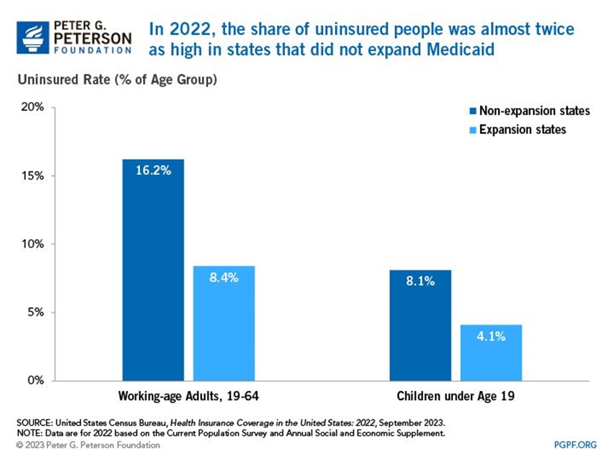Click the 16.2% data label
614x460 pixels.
153,170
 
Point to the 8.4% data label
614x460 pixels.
224,277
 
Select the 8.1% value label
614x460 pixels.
420,282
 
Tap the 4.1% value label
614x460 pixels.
491,336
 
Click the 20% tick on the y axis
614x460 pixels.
33,107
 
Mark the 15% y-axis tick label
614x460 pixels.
33,176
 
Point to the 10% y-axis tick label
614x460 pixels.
33,244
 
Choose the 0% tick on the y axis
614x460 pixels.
35,380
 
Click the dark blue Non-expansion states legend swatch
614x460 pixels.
472,111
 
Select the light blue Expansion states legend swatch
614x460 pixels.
472,130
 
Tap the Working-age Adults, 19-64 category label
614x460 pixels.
188,396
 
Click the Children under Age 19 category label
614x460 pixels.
455,396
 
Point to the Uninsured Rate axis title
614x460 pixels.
118,80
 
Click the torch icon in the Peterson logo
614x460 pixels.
32,37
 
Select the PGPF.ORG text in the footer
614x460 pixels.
575,445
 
